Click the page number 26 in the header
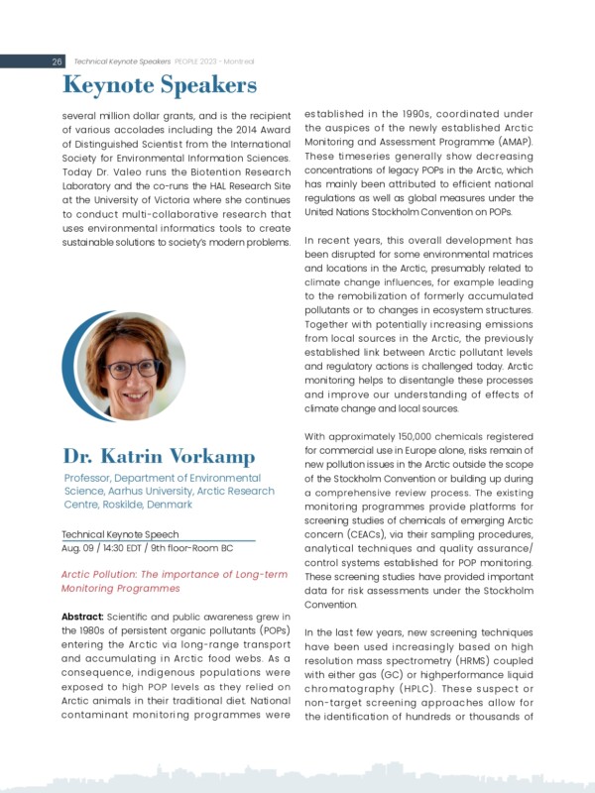pos(58,61)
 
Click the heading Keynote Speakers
pos(160,86)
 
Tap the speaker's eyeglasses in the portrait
pos(131,368)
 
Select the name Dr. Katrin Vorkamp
pos(159,457)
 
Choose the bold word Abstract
pos(86,617)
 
